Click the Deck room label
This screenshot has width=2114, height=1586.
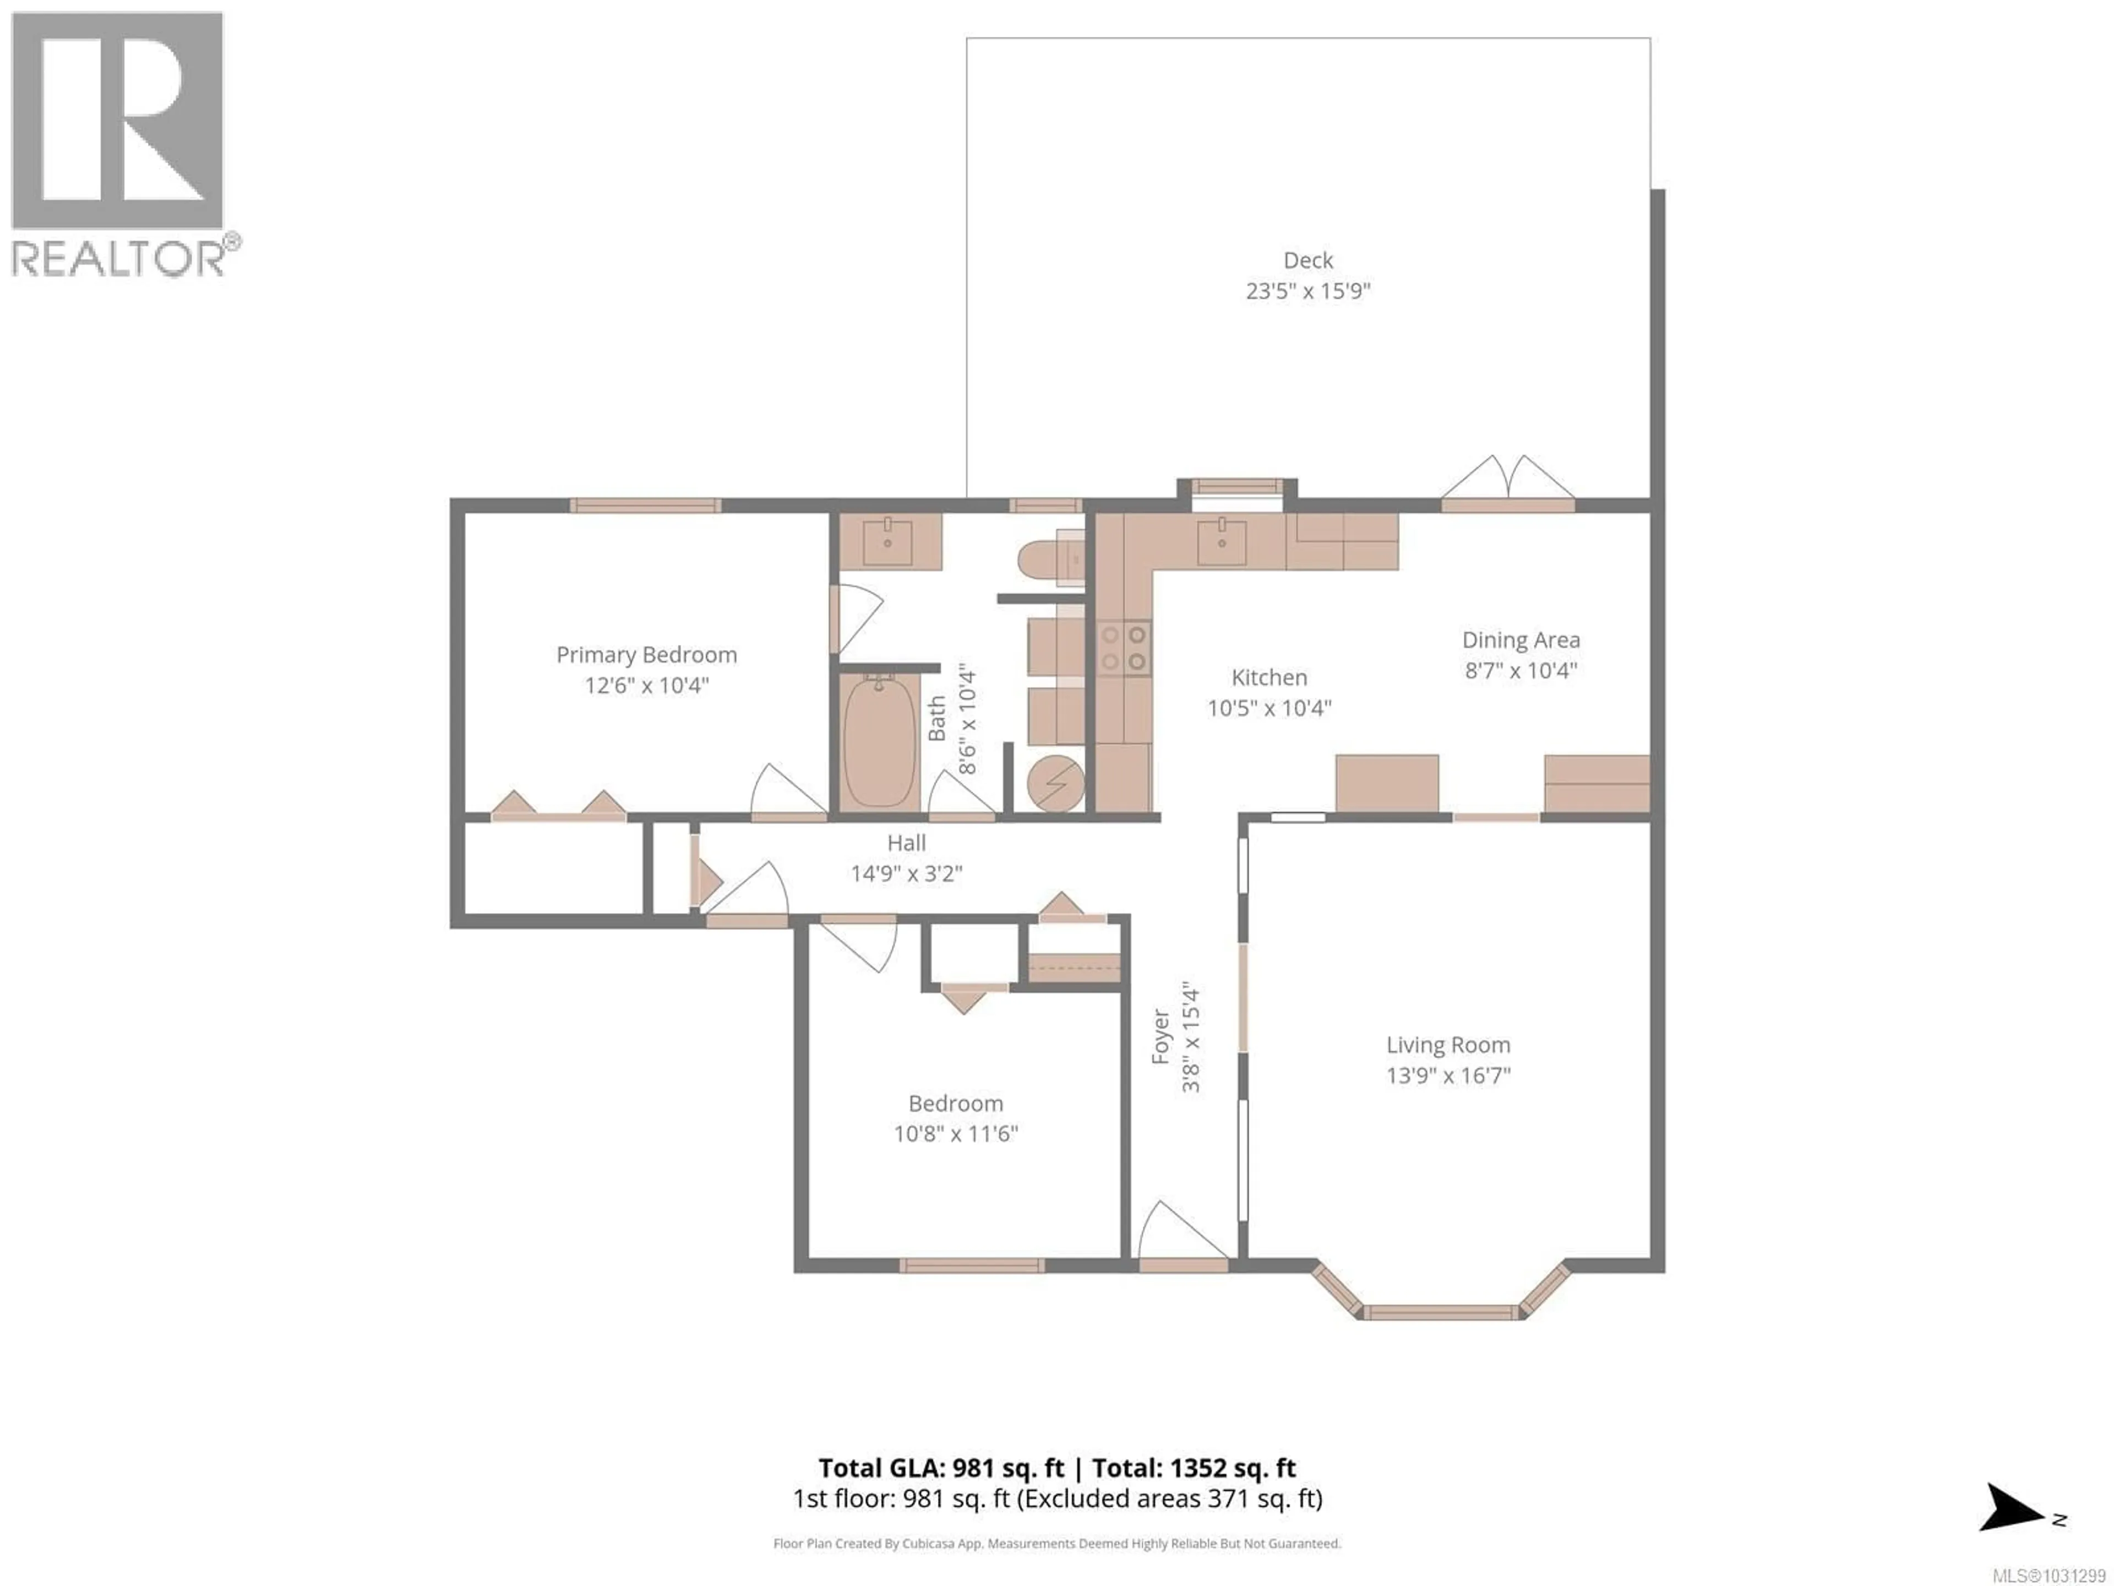[x=1307, y=260]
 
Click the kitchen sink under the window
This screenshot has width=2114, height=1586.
[x=1222, y=541]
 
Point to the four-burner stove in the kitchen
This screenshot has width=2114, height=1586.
[x=1123, y=648]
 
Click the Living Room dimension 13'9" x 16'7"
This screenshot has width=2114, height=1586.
[x=1448, y=1076]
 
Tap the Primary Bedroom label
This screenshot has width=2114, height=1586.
[x=646, y=655]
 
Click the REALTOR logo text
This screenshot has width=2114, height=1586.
[x=119, y=258]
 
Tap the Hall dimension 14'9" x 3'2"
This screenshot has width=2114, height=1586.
[x=906, y=873]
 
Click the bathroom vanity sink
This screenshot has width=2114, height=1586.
[x=888, y=541]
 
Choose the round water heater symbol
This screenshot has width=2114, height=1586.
[x=1055, y=784]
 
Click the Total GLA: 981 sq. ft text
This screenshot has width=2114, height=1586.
[x=940, y=1468]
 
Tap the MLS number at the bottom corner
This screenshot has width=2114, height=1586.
[x=2048, y=1574]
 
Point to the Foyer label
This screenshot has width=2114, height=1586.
[x=1160, y=1038]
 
